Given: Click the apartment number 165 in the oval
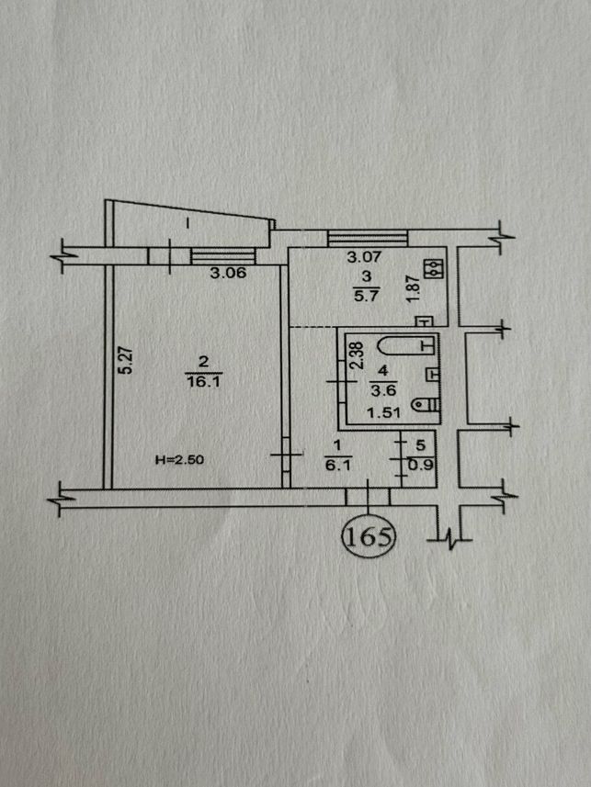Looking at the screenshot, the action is pyautogui.click(x=369, y=537).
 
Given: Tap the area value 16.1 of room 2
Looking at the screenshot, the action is pyautogui.click(x=203, y=382).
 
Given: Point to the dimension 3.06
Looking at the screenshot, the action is pyautogui.click(x=228, y=273).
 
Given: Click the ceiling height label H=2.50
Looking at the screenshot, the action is pyautogui.click(x=180, y=459).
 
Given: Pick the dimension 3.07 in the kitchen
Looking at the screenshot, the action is pyautogui.click(x=365, y=257).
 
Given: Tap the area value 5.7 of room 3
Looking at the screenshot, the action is pyautogui.click(x=366, y=296).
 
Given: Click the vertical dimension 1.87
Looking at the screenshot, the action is pyautogui.click(x=413, y=288).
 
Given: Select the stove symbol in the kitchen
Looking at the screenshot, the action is pyautogui.click(x=433, y=268).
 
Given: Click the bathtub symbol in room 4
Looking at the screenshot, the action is pyautogui.click(x=406, y=345).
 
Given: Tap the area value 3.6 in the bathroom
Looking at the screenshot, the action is pyautogui.click(x=383, y=389).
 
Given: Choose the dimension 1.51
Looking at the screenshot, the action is pyautogui.click(x=383, y=412).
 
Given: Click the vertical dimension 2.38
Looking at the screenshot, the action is pyautogui.click(x=356, y=355).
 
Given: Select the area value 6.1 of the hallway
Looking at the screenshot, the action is pyautogui.click(x=337, y=466).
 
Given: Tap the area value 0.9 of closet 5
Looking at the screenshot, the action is pyautogui.click(x=420, y=466).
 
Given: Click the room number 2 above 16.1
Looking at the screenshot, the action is pyautogui.click(x=203, y=362).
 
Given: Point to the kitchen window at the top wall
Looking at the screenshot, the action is pyautogui.click(x=368, y=238).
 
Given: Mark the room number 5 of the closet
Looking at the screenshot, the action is pyautogui.click(x=421, y=444).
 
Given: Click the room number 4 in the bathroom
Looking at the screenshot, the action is pyautogui.click(x=383, y=371).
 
